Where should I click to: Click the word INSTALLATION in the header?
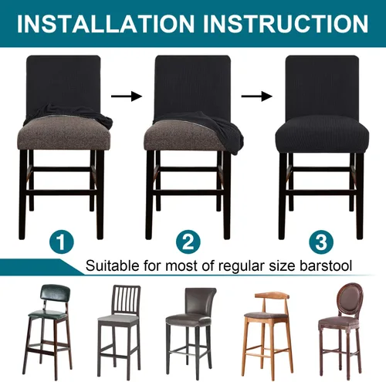tap(106, 24)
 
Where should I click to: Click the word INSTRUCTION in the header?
tap(286, 24)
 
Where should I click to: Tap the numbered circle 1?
tap(62, 242)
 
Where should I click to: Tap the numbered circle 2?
tap(188, 242)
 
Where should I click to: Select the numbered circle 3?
tap(321, 242)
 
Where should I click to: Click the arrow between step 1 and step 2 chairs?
tap(127, 96)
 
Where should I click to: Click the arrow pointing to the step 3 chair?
tap(256, 96)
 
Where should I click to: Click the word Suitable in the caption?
tap(112, 265)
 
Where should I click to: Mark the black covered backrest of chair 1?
tap(63, 83)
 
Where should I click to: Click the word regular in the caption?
tap(241, 266)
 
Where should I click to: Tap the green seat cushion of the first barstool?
tap(48, 314)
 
